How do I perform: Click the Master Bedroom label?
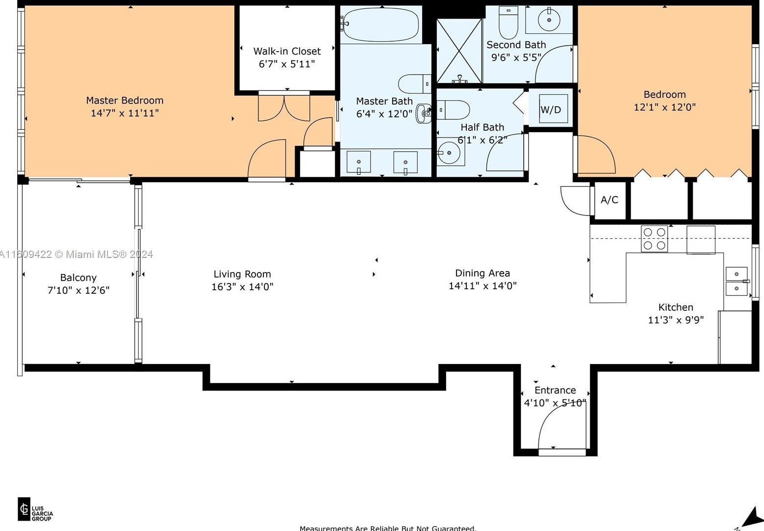point(124,100)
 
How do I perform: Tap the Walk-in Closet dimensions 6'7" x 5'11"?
point(286,64)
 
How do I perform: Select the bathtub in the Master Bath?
point(381,25)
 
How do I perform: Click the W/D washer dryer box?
point(551,109)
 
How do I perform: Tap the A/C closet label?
point(609,200)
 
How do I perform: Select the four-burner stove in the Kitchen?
point(654,239)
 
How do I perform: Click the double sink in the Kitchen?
point(736,281)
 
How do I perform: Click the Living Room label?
point(242,274)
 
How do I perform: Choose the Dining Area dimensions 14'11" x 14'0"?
point(482,286)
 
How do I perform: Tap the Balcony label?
point(78,278)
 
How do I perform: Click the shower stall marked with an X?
point(459,51)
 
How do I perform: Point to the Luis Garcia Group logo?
point(35,510)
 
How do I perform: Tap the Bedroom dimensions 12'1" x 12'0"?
point(664,107)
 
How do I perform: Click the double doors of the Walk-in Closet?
point(284,107)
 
